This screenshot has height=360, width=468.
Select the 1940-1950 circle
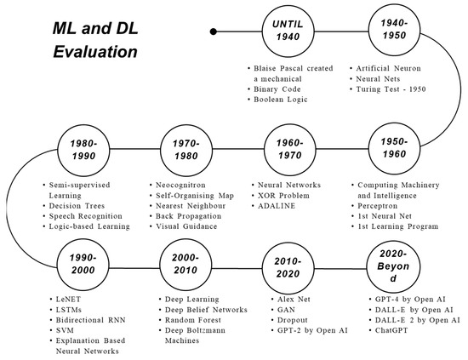391,33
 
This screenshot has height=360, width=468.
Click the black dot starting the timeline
216,33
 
